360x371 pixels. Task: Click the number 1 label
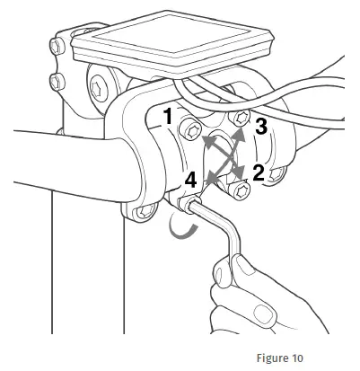pyautogui.click(x=169, y=116)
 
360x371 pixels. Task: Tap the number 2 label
pyautogui.click(x=259, y=172)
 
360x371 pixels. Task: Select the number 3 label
pyautogui.click(x=261, y=127)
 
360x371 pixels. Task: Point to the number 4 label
pyautogui.click(x=190, y=181)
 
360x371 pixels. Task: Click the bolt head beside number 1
pyautogui.click(x=189, y=131)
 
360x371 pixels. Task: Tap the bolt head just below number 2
pyautogui.click(x=240, y=190)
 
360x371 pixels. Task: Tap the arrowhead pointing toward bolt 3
pyautogui.click(x=239, y=136)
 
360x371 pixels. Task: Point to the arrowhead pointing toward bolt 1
pyautogui.click(x=208, y=141)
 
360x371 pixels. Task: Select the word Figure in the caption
pyautogui.click(x=270, y=358)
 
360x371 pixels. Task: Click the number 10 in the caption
pyautogui.click(x=296, y=358)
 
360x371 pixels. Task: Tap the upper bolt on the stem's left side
pyautogui.click(x=57, y=46)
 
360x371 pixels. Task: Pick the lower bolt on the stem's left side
pyautogui.click(x=57, y=82)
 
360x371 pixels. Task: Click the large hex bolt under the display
pyautogui.click(x=98, y=88)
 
